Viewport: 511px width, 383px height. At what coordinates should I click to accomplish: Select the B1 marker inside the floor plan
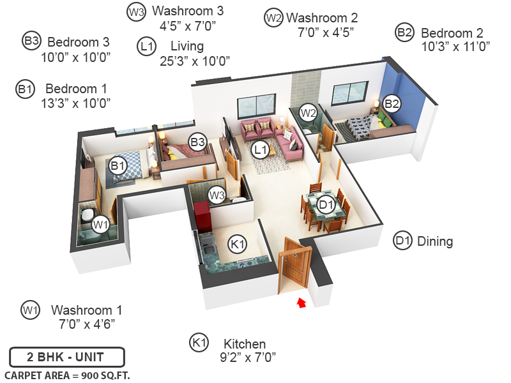118,166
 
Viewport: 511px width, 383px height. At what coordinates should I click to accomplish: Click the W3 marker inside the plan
217,194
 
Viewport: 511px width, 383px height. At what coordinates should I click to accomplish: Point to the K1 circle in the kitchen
238,243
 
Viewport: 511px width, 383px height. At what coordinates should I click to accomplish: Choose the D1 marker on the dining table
326,204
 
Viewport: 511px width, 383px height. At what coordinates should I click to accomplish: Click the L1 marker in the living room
259,150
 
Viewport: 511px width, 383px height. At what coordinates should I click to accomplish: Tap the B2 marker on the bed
392,103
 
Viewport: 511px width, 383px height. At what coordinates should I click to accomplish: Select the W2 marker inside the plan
309,112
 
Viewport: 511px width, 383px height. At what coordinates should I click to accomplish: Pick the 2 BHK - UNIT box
66,356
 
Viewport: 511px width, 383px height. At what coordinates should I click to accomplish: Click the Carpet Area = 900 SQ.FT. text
67,375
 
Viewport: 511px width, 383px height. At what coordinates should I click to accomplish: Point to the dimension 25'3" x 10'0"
195,61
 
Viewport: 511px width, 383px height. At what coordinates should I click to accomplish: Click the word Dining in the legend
434,241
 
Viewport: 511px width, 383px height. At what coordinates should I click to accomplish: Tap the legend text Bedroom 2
452,33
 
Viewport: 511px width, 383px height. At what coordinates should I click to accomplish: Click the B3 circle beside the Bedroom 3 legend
31,41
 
